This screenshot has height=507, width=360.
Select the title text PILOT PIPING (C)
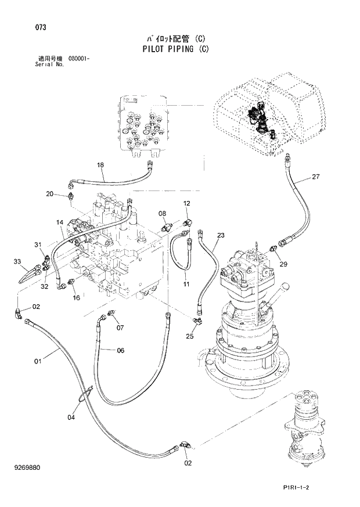(x=175, y=49)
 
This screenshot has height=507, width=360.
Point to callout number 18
(x=100, y=165)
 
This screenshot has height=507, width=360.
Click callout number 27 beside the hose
(x=315, y=177)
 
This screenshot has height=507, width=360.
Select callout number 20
(x=50, y=193)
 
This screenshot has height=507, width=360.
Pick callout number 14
(x=60, y=222)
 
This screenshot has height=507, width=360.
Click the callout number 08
(x=163, y=213)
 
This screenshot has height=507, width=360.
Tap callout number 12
(x=187, y=203)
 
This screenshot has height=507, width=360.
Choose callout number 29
(x=283, y=264)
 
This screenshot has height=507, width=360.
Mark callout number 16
(x=75, y=298)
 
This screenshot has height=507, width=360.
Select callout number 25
(x=190, y=336)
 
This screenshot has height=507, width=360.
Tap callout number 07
(x=120, y=328)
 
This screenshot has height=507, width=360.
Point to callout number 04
(x=71, y=417)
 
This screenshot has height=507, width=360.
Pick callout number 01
(x=38, y=362)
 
